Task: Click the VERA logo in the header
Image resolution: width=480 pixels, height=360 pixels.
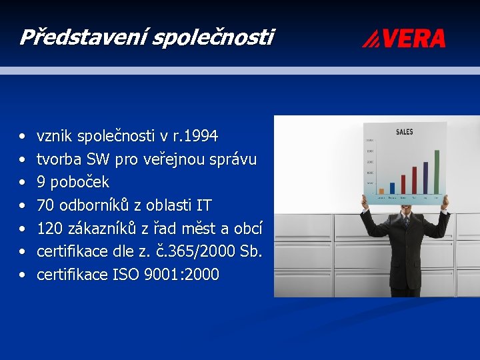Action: click(404, 38)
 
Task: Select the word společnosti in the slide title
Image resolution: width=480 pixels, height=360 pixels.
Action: click(213, 37)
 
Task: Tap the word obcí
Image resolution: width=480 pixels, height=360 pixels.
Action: click(248, 229)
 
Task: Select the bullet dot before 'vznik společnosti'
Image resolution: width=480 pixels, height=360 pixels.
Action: click(23, 137)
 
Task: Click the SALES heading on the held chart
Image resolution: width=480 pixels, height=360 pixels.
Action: click(404, 132)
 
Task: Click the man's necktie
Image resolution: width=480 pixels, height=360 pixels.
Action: click(406, 223)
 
